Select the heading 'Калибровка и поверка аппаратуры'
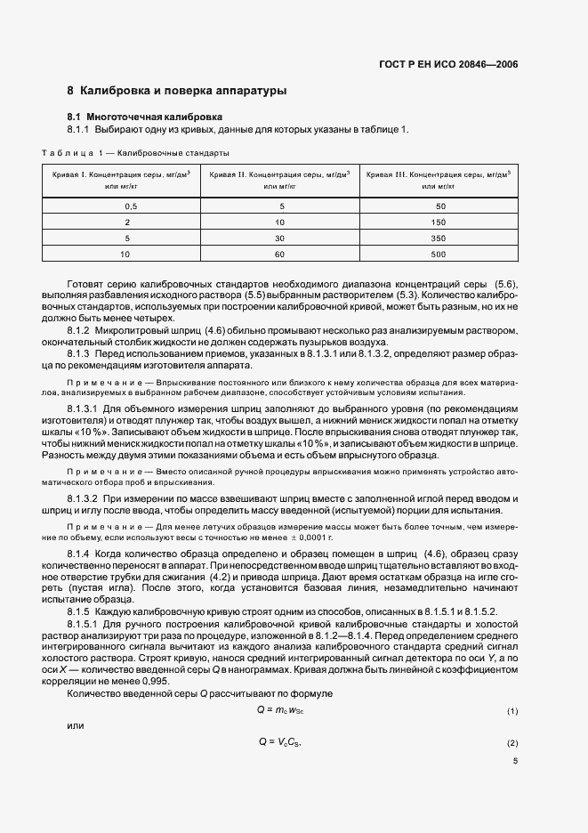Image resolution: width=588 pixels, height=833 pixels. coord(183,91)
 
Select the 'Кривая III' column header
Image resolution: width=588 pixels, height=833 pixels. coord(439,180)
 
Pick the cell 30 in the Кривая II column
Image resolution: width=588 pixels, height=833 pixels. coord(280,238)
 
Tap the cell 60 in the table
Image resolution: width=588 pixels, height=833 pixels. coord(280,254)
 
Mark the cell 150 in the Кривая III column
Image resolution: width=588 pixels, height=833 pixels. coord(439,222)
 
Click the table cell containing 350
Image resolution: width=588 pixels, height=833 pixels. coord(439,238)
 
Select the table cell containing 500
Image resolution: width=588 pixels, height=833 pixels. coord(439,254)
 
